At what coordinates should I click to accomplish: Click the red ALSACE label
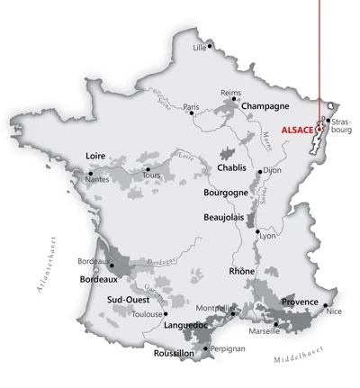click(x=296, y=129)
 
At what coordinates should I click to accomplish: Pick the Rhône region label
click(x=242, y=271)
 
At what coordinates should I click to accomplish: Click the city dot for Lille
click(x=210, y=42)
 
